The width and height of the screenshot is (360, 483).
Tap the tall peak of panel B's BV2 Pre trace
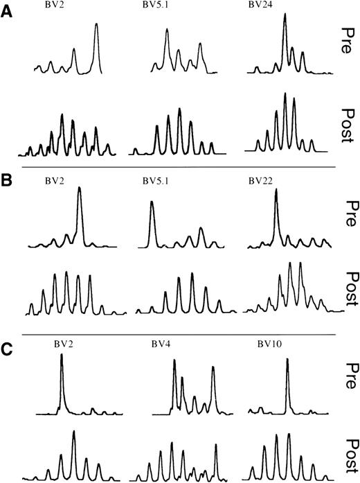(x=80, y=189)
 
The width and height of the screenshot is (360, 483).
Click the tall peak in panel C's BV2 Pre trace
(x=62, y=356)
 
